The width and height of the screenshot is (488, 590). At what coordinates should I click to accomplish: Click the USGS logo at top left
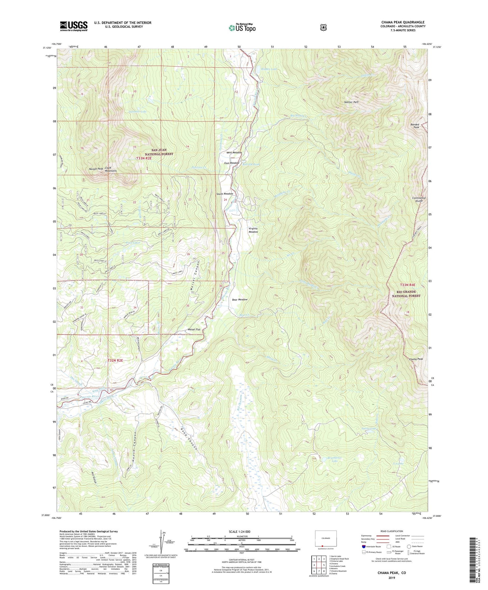pos(74,26)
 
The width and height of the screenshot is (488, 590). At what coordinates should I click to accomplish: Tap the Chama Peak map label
pos(416,359)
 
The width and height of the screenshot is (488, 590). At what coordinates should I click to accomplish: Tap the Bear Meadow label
pos(240,299)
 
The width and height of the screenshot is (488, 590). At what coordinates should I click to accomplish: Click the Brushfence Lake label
pos(335,459)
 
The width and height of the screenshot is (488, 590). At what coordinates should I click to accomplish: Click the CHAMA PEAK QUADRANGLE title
pos(403,22)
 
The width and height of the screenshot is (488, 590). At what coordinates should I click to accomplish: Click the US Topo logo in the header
pos(242,27)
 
